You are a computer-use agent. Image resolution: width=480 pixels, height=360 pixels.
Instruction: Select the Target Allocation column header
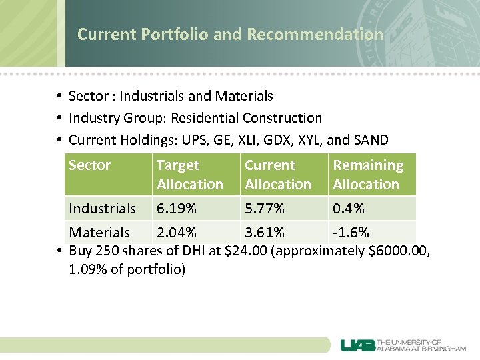(x=189, y=175)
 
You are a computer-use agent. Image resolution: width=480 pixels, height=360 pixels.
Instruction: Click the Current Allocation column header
(x=277, y=175)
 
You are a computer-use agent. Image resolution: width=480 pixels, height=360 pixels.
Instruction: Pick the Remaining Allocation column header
(x=368, y=175)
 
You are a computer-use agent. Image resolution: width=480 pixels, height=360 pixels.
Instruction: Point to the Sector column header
(x=89, y=165)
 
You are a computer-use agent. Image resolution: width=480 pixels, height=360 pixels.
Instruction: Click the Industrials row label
(x=102, y=209)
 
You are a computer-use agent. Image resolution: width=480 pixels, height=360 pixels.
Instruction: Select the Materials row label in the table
(x=99, y=233)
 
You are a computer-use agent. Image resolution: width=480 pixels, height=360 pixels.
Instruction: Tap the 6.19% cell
(x=176, y=209)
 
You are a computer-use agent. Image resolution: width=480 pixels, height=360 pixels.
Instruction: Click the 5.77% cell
(x=265, y=209)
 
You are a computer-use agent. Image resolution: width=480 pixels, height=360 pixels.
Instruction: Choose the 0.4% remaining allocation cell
(x=349, y=209)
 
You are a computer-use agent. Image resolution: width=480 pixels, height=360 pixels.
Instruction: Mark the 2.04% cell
(x=176, y=233)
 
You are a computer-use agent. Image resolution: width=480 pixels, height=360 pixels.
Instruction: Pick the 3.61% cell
(x=265, y=233)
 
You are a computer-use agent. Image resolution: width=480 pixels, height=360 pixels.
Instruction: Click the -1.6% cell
(x=351, y=233)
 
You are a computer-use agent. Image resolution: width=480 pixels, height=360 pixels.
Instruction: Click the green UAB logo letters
(x=358, y=345)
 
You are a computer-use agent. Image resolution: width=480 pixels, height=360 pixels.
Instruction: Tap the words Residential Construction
(x=246, y=118)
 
